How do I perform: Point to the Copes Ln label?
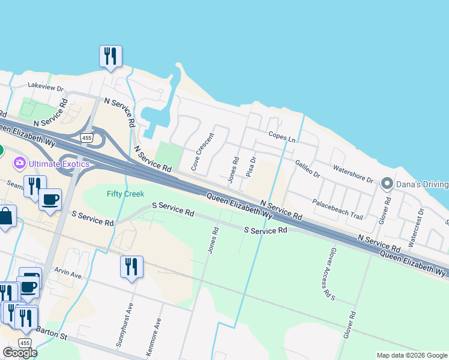(x=283, y=137)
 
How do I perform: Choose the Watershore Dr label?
(x=354, y=175)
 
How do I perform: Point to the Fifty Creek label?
(x=125, y=193)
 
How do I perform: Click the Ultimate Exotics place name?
(x=59, y=164)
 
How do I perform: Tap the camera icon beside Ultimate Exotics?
(x=20, y=163)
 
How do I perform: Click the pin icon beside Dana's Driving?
(x=388, y=184)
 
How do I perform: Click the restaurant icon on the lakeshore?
(x=110, y=56)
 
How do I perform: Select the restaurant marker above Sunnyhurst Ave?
(x=131, y=266)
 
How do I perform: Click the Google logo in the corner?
(x=19, y=353)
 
